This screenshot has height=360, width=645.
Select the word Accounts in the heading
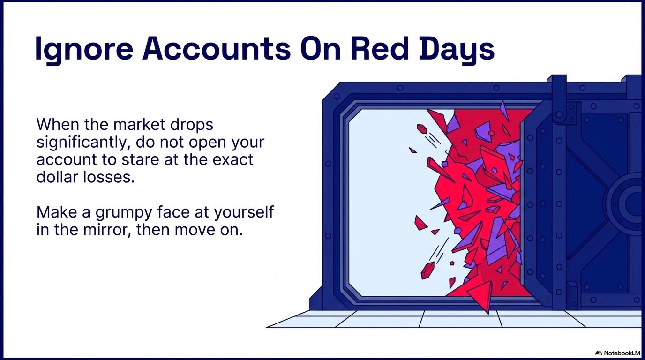click(x=217, y=48)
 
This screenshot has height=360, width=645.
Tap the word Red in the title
click(x=380, y=48)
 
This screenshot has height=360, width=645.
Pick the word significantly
click(x=82, y=143)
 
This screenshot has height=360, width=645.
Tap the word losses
click(x=109, y=177)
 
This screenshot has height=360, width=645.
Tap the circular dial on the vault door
click(x=627, y=202)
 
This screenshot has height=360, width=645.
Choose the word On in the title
click(x=321, y=48)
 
